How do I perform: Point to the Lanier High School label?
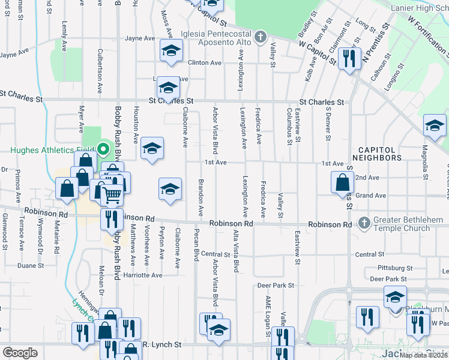419,8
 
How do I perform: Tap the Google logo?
20,353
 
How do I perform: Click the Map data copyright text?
424,355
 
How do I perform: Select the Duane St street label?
31,265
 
